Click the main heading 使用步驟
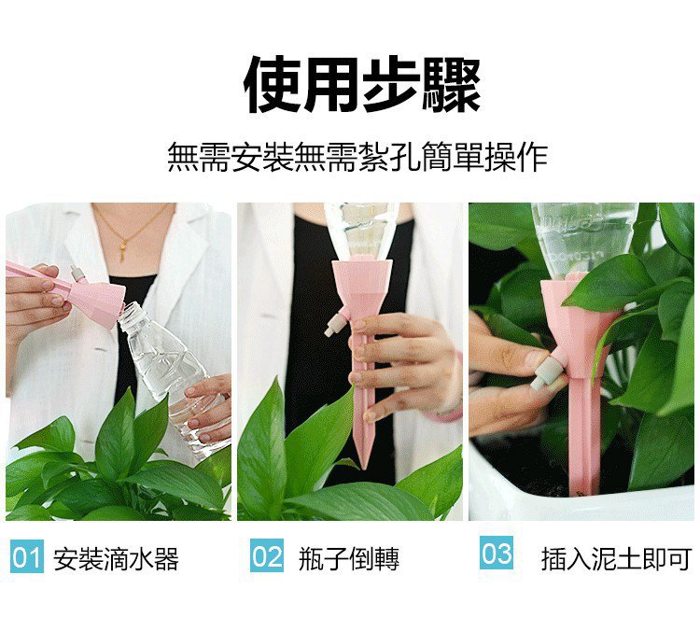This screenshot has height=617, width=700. pos(362,84)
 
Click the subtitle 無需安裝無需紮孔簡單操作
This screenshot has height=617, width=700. pos(357,157)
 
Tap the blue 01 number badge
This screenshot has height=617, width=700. pos(27,555)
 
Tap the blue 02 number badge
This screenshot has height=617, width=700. pos(267,555)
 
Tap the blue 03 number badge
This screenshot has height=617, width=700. pos(496,553)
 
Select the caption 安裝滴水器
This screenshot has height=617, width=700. pos(116,558)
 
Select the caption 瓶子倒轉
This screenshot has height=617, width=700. pos(349,558)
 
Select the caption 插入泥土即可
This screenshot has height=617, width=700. pos(617,558)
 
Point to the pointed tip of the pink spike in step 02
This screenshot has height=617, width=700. pos(362,469)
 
